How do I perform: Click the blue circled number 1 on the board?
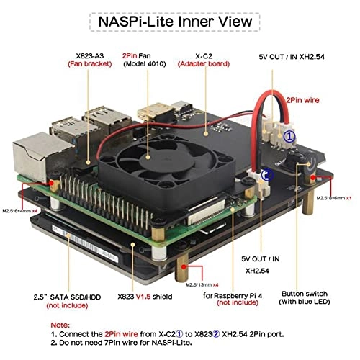(288, 135)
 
